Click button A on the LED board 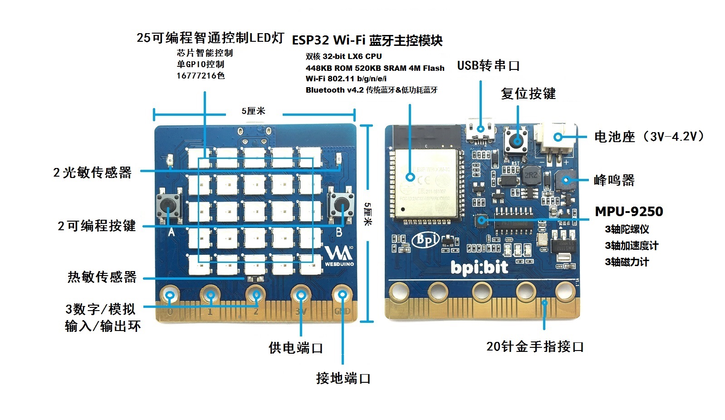pos(168,205)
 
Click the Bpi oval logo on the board pos(426,240)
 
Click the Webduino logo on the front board pos(339,256)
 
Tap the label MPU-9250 pos(629,212)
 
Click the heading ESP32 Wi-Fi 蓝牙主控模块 pos(367,40)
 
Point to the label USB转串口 pos(488,66)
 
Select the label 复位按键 pos(528,94)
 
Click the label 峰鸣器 pos(614,180)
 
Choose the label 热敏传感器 pos(102,277)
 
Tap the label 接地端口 pos(343,378)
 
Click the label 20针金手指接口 pos(535,346)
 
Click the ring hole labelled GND pos(343,295)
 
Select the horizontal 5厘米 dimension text pos(253,111)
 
